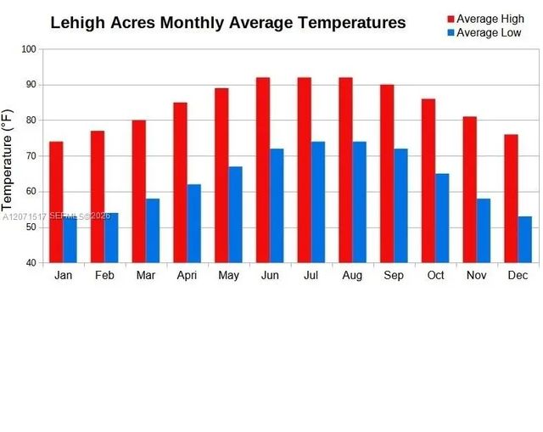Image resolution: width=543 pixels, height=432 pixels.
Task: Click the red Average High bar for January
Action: [56, 202]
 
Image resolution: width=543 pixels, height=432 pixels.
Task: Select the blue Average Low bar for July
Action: [318, 202]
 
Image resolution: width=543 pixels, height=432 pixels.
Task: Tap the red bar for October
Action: [428, 181]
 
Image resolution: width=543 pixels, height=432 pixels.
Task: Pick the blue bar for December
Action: [525, 239]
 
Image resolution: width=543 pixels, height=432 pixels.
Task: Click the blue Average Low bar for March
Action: [153, 230]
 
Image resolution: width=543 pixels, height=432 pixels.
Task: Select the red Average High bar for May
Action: [221, 176]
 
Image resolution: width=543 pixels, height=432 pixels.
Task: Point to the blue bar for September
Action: [400, 205]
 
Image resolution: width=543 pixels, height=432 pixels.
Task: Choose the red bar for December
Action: [511, 199]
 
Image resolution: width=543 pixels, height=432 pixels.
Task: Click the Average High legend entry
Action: [485, 19]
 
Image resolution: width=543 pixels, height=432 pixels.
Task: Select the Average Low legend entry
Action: [484, 32]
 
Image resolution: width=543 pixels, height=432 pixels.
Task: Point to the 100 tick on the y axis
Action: [29, 49]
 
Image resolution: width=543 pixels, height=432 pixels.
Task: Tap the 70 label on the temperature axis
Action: [31, 156]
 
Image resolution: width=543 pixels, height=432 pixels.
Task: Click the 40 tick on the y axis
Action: [31, 262]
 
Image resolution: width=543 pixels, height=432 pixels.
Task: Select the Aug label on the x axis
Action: [352, 276]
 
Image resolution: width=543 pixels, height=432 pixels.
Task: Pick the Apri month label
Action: [187, 276]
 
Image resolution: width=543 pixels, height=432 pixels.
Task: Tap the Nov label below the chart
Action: [477, 275]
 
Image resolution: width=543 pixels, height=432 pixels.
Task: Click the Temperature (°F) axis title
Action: [7, 160]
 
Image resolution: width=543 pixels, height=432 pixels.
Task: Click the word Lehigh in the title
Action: [77, 23]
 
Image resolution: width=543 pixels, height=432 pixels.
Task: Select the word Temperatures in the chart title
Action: [352, 23]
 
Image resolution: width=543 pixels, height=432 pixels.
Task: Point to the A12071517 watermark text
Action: [25, 217]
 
